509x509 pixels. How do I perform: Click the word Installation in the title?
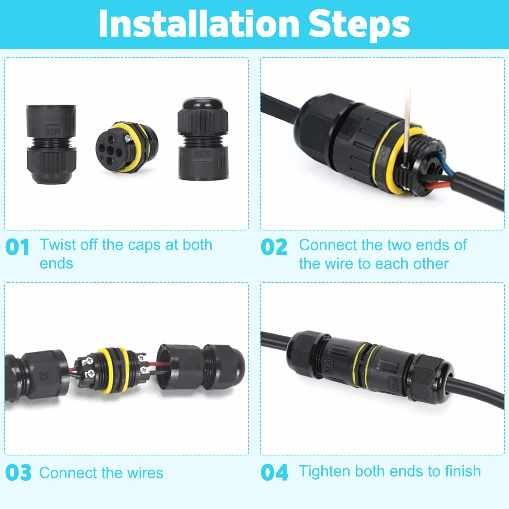click(199, 24)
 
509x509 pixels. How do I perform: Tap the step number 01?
click(17, 247)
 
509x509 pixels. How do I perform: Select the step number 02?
click(274, 247)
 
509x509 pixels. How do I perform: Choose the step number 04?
click(274, 472)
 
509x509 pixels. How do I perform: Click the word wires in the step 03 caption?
click(145, 473)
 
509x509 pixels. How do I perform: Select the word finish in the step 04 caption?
click(463, 471)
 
